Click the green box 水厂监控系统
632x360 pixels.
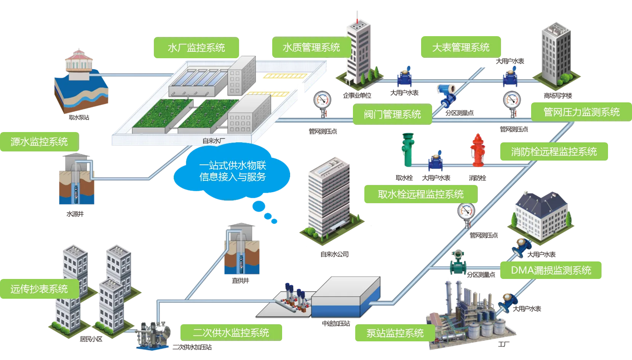[x=196, y=48]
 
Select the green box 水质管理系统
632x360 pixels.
[x=311, y=47]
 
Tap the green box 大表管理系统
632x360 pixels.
[x=461, y=47]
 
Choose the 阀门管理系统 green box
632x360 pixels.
[x=392, y=114]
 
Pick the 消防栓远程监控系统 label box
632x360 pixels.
[x=554, y=152]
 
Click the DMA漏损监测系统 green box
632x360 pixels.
[x=551, y=270]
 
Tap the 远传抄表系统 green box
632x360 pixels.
[x=39, y=289]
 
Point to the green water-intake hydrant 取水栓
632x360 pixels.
[x=408, y=150]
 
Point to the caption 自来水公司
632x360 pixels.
[x=334, y=254]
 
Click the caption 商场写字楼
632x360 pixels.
[x=558, y=96]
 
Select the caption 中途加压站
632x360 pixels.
[x=336, y=323]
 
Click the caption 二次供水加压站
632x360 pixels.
[x=192, y=347]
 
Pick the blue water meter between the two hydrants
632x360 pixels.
[x=435, y=161]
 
